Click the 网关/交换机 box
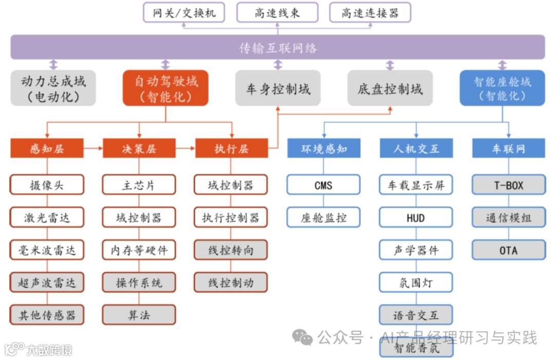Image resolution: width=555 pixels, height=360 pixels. click(x=184, y=12)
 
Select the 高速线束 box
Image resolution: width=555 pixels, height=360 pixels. click(x=277, y=12)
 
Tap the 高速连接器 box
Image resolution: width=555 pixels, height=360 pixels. click(x=370, y=12)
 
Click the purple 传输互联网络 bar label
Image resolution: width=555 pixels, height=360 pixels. click(x=277, y=48)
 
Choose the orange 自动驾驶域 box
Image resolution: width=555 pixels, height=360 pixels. click(x=165, y=88)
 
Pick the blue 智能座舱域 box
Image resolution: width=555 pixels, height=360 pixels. click(x=502, y=88)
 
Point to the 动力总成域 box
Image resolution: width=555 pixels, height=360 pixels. click(x=53, y=88)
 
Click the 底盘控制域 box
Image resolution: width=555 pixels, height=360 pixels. click(x=390, y=88)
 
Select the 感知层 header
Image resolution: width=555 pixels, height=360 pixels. click(x=47, y=149)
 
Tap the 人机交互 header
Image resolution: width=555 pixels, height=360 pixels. click(x=416, y=149)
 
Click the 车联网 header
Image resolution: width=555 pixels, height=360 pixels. click(x=509, y=149)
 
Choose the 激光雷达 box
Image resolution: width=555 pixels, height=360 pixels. click(x=47, y=218)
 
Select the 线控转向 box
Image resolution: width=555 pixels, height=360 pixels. click(x=231, y=250)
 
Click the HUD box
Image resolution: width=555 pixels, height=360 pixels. click(x=416, y=218)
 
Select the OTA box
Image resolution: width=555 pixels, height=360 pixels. click(x=509, y=250)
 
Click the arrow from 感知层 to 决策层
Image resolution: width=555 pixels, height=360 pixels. click(x=93, y=149)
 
